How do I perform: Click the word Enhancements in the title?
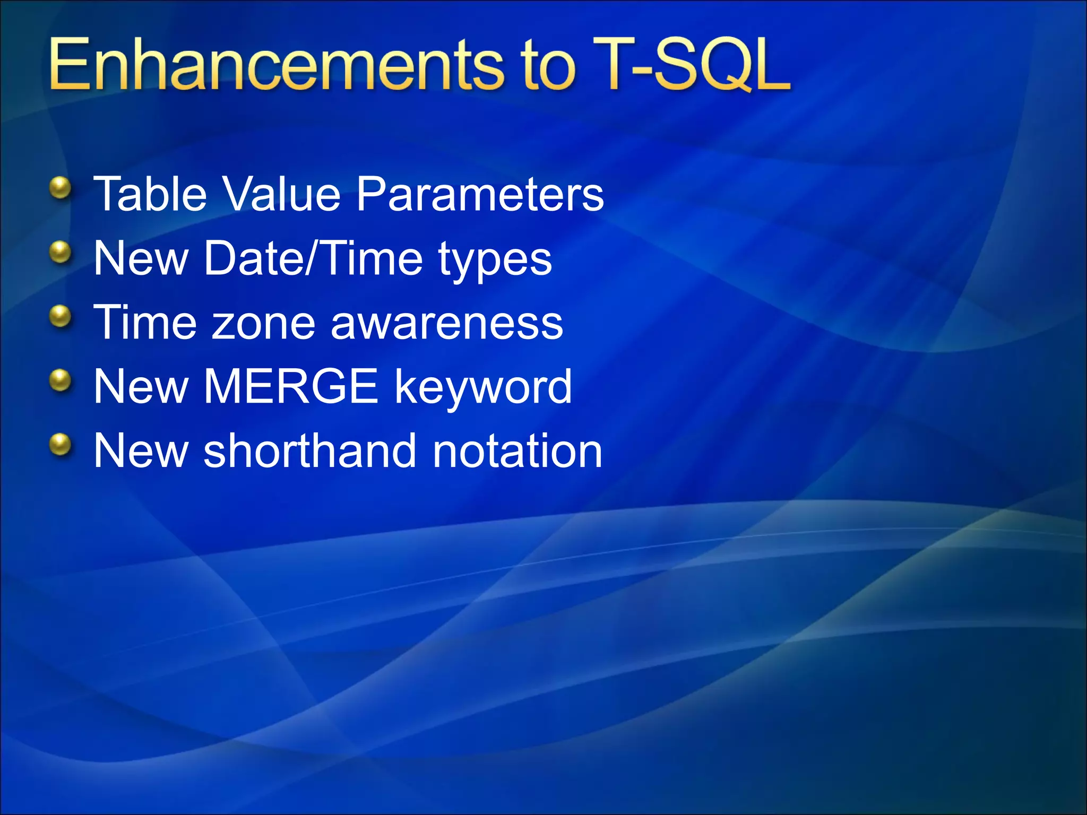275,65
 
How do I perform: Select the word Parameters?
480,194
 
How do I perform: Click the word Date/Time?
313,258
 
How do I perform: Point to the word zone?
263,324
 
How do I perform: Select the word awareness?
446,324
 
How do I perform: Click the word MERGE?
291,387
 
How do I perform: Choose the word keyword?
483,388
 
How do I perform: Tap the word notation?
517,451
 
